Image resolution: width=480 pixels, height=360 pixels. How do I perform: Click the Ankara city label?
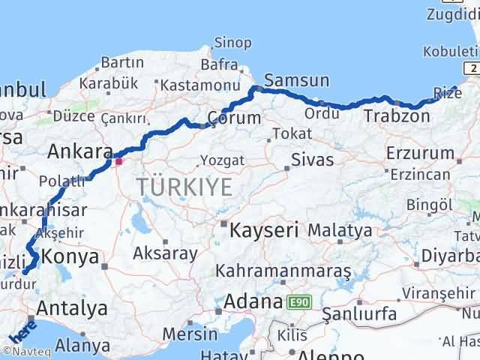click(x=79, y=151)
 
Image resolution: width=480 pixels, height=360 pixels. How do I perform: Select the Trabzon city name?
click(x=397, y=116)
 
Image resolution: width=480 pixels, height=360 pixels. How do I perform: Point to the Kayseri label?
click(x=265, y=229)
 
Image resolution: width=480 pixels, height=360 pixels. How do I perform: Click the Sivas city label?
click(x=312, y=159)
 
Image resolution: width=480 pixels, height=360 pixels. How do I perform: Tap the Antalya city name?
click(x=71, y=307)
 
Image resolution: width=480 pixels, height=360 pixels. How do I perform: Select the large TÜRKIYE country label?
click(x=184, y=187)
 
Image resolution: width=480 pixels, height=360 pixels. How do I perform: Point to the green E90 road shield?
click(x=298, y=303)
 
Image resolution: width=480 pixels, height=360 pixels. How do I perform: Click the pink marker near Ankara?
click(x=118, y=160)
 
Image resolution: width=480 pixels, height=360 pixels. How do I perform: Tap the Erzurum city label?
click(x=420, y=153)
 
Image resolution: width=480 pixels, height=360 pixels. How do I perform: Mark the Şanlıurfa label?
click(x=360, y=313)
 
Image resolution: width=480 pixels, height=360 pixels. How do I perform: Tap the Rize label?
click(x=448, y=93)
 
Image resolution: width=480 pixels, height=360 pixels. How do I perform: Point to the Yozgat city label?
click(x=223, y=160)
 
